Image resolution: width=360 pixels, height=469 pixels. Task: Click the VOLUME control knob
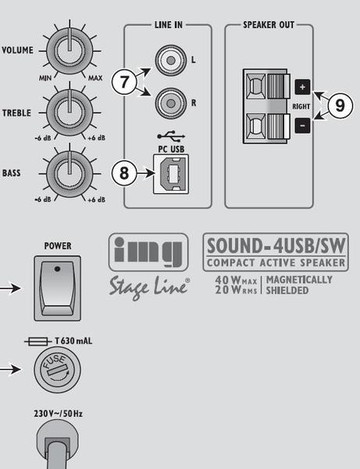click(70, 51)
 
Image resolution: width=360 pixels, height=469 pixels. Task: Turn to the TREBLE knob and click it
click(70, 113)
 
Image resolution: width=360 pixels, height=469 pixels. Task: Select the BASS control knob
click(70, 174)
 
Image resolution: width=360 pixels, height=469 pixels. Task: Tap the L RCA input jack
click(170, 60)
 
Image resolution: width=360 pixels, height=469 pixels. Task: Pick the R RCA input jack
click(170, 103)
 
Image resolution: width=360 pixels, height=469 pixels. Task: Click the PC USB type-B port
click(171, 174)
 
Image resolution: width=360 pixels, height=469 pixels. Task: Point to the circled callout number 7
click(124, 81)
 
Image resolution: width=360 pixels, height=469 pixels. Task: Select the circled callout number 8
click(124, 173)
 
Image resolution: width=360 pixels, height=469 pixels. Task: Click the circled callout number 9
click(340, 106)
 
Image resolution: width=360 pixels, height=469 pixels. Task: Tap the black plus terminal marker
click(303, 87)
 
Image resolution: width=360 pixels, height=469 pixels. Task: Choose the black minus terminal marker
click(303, 126)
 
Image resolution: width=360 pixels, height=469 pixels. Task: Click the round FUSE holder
click(57, 370)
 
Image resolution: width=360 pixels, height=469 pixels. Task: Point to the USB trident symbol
click(171, 136)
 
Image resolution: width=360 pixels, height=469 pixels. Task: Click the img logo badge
click(148, 252)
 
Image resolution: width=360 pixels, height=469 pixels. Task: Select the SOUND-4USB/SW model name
click(276, 245)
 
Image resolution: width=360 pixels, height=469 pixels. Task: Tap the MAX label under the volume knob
click(95, 78)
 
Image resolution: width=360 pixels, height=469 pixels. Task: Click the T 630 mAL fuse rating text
click(73, 341)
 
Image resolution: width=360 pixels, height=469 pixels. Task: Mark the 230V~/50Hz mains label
click(59, 414)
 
